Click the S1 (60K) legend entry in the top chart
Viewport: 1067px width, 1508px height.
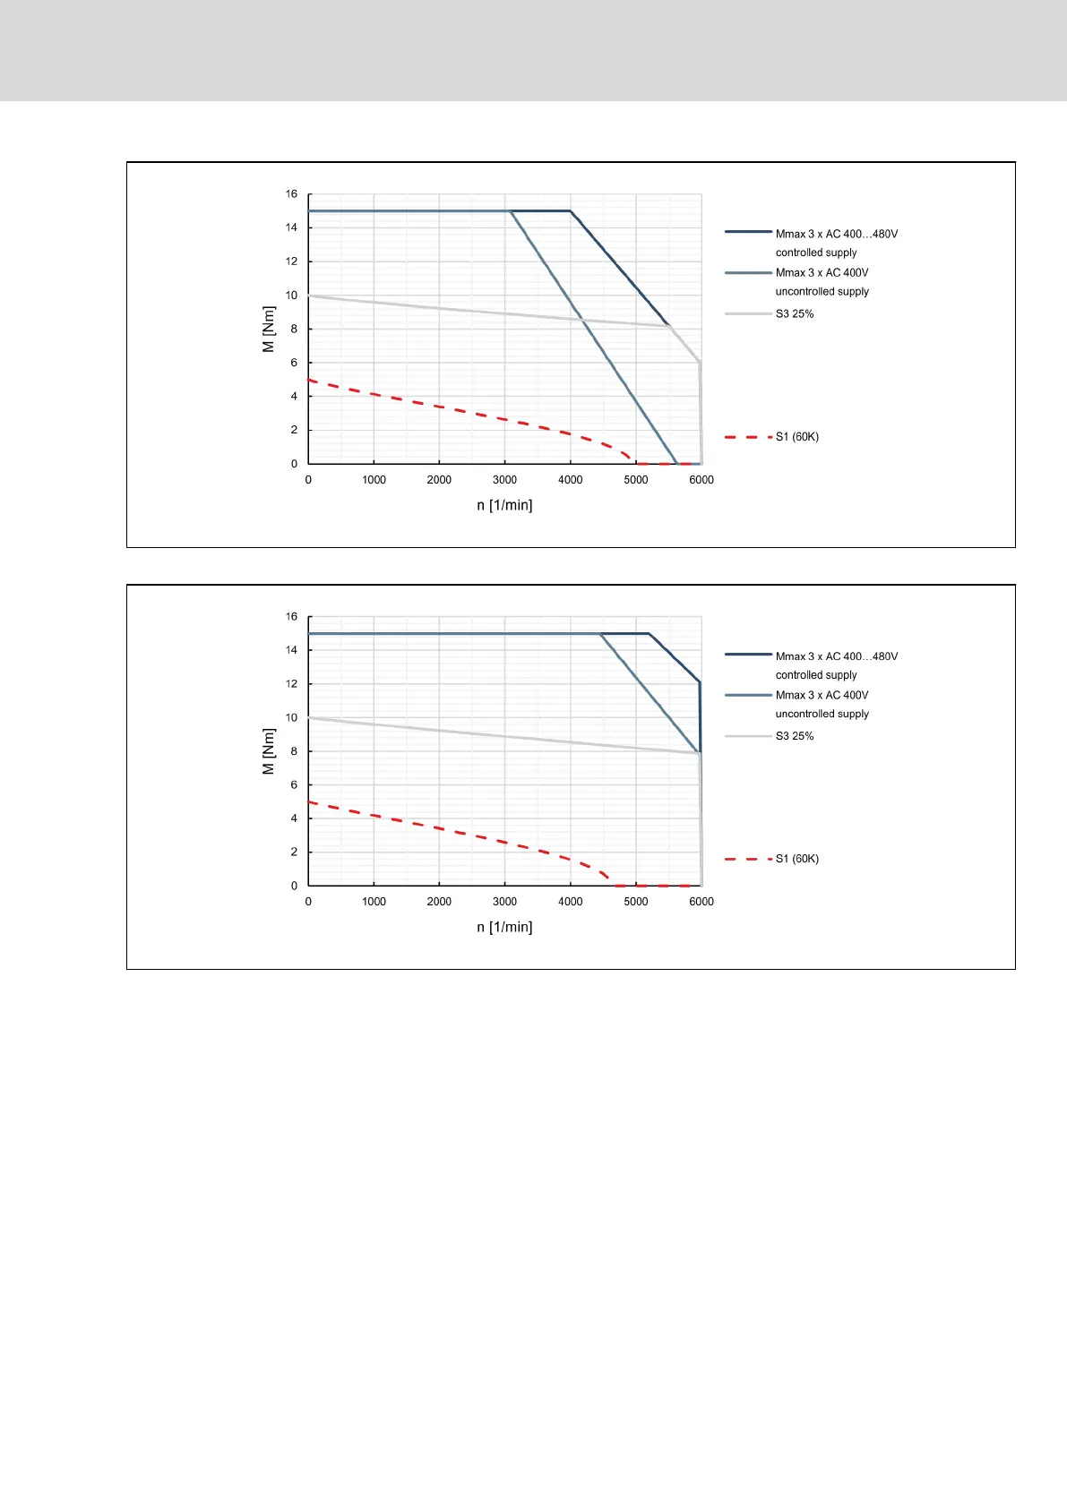point(796,437)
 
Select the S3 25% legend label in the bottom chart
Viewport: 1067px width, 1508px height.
point(795,736)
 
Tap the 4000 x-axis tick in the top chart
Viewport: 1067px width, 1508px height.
point(571,480)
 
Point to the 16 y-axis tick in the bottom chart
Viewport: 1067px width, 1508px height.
point(291,617)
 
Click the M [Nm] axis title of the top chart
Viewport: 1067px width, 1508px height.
point(269,330)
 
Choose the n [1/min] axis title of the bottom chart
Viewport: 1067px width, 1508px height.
point(504,927)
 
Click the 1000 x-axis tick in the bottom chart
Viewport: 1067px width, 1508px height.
point(374,902)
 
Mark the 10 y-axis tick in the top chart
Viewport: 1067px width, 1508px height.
point(291,296)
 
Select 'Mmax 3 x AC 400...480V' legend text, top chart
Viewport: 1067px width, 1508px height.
point(837,234)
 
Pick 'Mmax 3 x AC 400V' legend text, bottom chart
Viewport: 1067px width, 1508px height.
point(822,695)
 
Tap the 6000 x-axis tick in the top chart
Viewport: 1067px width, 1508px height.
point(701,480)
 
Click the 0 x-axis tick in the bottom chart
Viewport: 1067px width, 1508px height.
point(308,902)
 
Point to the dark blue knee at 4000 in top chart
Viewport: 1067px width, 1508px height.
point(571,211)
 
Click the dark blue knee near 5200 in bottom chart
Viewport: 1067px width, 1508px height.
point(649,634)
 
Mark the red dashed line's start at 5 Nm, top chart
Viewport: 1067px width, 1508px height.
point(309,380)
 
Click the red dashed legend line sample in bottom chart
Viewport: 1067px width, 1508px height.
point(748,859)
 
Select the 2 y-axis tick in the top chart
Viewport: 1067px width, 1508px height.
point(294,430)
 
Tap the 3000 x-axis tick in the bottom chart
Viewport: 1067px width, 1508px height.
point(504,902)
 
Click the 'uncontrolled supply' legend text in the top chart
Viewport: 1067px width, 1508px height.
point(822,292)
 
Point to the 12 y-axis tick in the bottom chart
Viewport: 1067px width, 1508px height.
point(291,684)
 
